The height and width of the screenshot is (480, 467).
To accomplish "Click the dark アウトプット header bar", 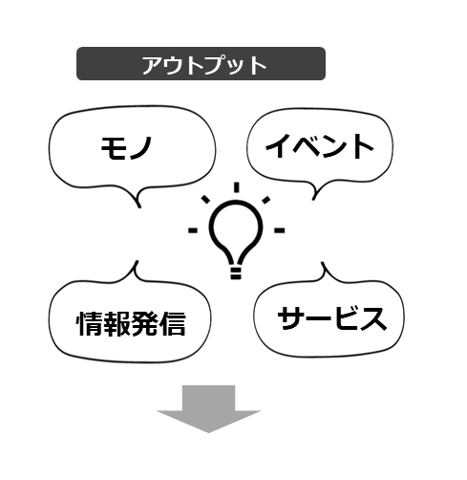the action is pos(201,63).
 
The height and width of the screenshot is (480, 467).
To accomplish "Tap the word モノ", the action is pos(126,147).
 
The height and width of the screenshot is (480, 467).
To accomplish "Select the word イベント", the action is pos(319,146).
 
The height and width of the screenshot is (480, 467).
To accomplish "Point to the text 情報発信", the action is pos(131,323).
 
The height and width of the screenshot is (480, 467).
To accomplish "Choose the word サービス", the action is pos(332,318).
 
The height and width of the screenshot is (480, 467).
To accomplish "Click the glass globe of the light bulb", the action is pos(236,232).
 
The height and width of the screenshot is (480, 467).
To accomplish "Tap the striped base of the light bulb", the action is pos(236,273).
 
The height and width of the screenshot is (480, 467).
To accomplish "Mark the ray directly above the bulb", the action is pos(236,187).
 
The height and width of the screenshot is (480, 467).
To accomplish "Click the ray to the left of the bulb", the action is pos(193,230).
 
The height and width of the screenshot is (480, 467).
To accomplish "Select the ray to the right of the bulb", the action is pos(279,230).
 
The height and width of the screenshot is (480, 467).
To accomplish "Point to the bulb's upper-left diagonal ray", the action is pos(205,199).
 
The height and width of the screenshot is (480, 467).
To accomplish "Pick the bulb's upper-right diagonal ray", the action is pos(266,200).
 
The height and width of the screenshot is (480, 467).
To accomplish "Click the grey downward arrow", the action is pos(208,409).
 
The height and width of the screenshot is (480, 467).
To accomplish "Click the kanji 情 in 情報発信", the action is pos(90,323).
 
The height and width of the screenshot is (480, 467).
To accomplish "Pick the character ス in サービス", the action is pos(373,318).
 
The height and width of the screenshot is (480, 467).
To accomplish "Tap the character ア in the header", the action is pos(153,65).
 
